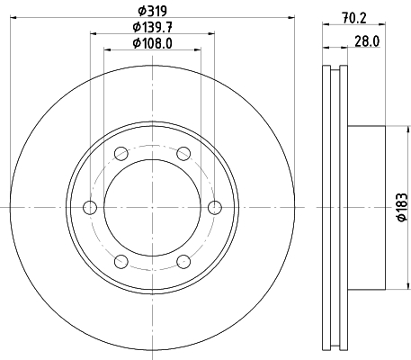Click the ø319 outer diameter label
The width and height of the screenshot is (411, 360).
[152, 11]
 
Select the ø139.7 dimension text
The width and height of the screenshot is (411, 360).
[152, 28]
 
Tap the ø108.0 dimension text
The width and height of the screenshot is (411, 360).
[152, 43]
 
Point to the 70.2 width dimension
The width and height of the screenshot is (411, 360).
[354, 18]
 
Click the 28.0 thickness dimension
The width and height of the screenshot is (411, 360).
[367, 41]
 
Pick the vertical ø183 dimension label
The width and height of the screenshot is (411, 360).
[402, 207]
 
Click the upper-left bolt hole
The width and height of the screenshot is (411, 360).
[121, 154]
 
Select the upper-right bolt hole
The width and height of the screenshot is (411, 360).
[183, 154]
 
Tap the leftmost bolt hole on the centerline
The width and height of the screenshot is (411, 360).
[90, 208]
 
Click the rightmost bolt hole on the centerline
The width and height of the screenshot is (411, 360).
[215, 208]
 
